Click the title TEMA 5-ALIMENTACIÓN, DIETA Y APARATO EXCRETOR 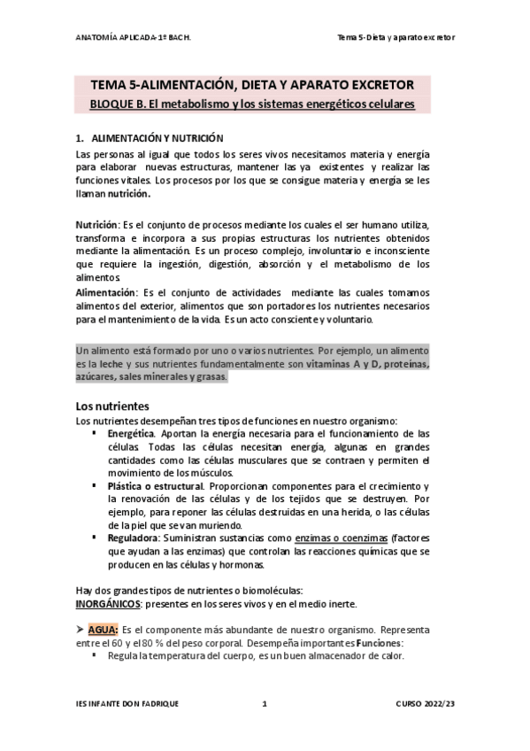[x=252, y=85]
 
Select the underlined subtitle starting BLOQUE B [x=252, y=104]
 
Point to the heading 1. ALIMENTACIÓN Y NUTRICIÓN [x=150, y=139]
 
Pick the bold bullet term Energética [x=131, y=434]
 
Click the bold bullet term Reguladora [x=133, y=538]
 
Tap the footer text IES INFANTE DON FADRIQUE [x=127, y=704]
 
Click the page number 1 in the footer [x=265, y=704]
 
